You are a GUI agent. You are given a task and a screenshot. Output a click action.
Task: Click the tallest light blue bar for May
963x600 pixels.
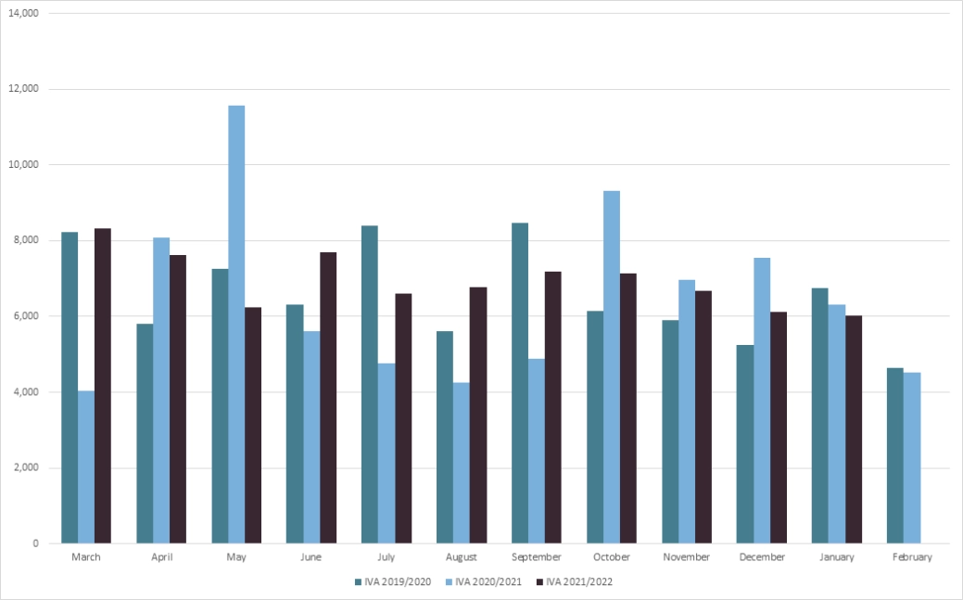(236, 325)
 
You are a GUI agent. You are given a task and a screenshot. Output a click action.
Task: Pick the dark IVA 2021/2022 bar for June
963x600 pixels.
(328, 398)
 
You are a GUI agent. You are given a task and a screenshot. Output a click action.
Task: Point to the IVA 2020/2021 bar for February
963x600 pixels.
(912, 458)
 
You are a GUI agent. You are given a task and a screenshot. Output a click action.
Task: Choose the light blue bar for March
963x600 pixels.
(86, 467)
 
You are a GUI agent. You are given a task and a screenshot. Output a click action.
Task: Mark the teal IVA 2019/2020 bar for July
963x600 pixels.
(370, 385)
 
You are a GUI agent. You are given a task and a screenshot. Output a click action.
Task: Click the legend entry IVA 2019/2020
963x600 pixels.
(393, 582)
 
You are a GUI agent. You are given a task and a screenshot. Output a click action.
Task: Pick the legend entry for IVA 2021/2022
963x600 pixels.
(579, 582)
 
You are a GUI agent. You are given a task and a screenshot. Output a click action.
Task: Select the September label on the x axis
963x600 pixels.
(537, 557)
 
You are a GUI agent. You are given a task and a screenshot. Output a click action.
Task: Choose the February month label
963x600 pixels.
(912, 557)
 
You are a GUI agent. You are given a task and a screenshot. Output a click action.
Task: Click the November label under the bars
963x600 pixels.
(687, 557)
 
